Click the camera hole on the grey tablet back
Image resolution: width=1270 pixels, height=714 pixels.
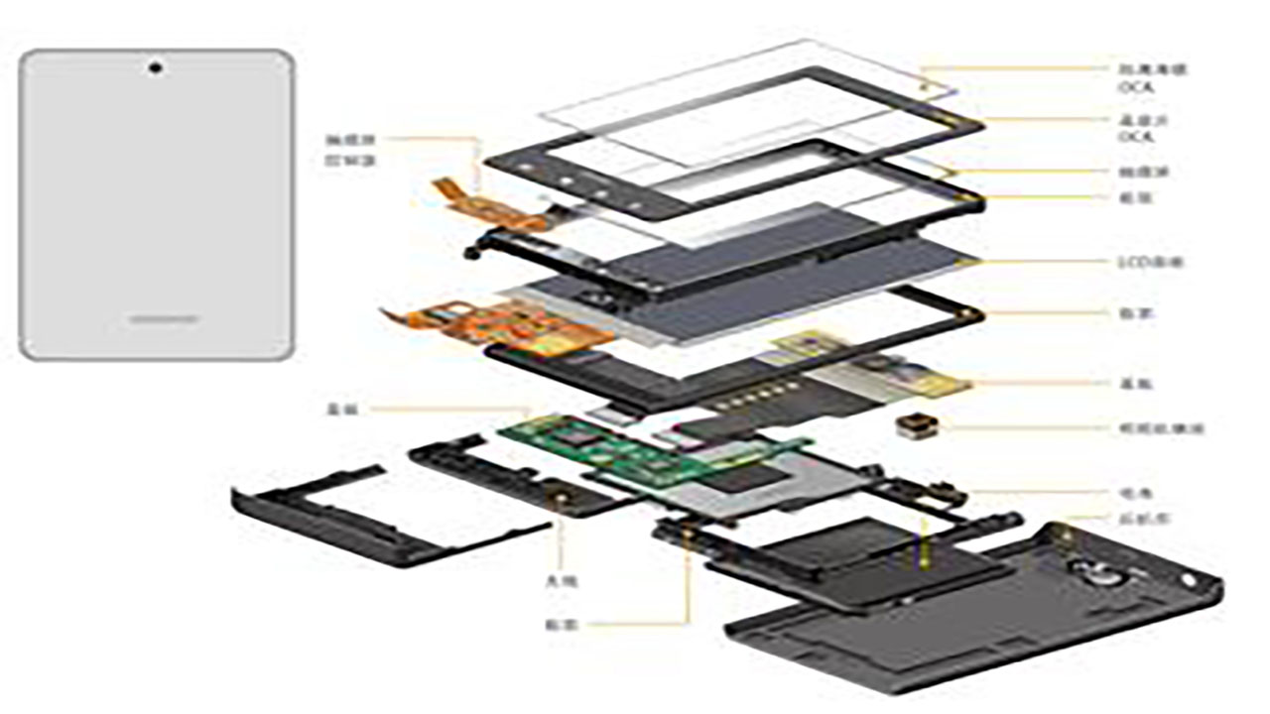coord(157,68)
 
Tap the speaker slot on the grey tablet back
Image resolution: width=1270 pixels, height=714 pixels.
coord(164,319)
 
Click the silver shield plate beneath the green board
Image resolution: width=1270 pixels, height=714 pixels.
coord(754,486)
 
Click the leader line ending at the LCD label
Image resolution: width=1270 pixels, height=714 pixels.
coord(1042,263)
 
